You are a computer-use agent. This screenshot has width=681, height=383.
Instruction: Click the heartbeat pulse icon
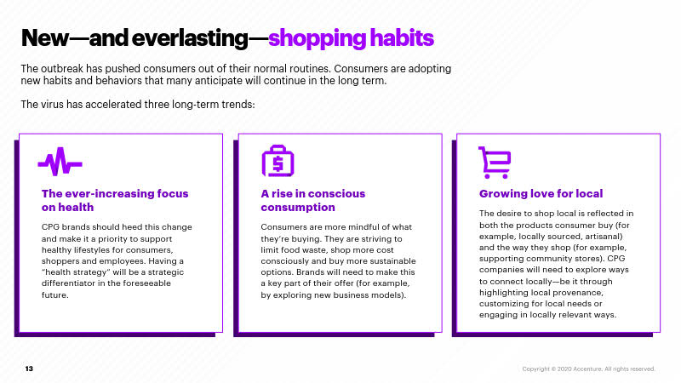60,162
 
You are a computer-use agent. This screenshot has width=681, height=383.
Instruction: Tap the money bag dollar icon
278,161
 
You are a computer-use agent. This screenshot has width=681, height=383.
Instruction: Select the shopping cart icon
495,163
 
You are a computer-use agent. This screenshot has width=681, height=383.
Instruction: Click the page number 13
29,369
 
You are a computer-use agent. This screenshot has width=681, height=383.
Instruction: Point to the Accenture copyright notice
588,369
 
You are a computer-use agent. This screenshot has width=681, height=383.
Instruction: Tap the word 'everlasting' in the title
189,37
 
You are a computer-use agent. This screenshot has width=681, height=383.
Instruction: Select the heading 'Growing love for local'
541,194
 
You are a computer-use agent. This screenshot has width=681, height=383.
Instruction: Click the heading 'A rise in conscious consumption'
313,200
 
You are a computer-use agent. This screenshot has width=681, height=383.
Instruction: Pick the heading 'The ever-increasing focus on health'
115,200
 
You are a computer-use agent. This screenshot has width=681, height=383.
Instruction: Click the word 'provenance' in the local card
578,293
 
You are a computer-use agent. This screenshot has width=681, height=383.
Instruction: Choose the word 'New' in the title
45,37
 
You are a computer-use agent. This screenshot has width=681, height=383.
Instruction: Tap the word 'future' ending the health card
54,294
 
